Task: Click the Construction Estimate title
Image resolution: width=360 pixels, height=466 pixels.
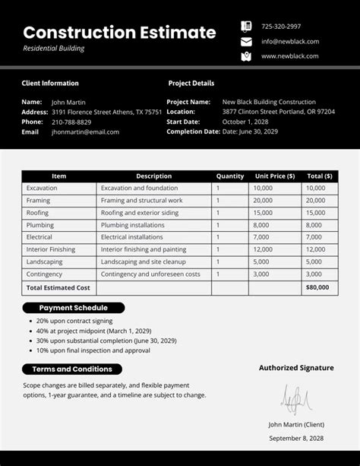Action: [119, 33]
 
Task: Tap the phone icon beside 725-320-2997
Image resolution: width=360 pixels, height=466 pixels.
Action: [246, 26]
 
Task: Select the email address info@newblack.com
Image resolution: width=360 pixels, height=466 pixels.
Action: [290, 41]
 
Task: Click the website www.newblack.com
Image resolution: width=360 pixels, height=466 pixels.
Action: [289, 56]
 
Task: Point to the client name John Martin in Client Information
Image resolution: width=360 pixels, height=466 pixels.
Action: [68, 102]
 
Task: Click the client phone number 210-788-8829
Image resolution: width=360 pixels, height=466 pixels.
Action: [71, 122]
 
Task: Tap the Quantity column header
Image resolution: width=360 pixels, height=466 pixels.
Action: [229, 176]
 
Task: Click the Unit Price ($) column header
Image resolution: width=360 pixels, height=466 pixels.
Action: [275, 176]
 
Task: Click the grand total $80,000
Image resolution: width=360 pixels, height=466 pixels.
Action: [317, 287]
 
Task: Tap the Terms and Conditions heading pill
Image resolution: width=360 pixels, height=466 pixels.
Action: [72, 369]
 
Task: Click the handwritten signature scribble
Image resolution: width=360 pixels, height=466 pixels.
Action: [295, 398]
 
